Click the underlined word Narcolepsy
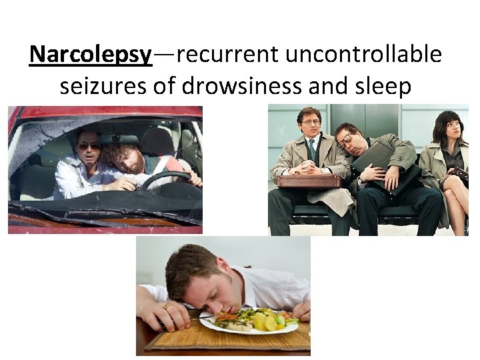point(91,55)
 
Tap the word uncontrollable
point(363,55)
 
